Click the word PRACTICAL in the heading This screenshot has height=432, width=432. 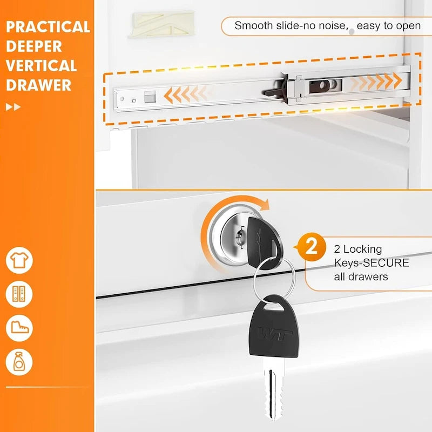pos(48,26)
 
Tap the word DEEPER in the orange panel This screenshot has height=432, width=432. pos(34,46)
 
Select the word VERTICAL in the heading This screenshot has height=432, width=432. pos(41,66)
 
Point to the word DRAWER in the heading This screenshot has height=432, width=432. pos(38,85)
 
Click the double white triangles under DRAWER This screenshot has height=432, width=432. pos(13,107)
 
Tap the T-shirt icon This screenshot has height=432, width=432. pos(19,260)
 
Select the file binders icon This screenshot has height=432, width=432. pos(19,294)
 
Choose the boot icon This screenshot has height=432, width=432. pos(19,328)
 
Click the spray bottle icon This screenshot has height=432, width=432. pos(19,362)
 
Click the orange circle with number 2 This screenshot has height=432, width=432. pos(312,247)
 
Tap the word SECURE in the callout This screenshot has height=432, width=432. pos(386,263)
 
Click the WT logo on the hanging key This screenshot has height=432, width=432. pos(275,333)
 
